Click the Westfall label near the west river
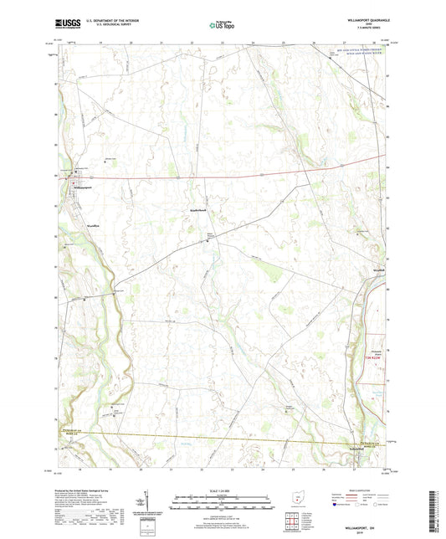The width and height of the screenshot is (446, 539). (x=79, y=225)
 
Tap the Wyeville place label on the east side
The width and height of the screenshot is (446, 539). (x=379, y=271)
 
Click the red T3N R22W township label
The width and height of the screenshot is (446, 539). (x=376, y=357)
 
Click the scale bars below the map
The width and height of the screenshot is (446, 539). (x=223, y=503)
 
